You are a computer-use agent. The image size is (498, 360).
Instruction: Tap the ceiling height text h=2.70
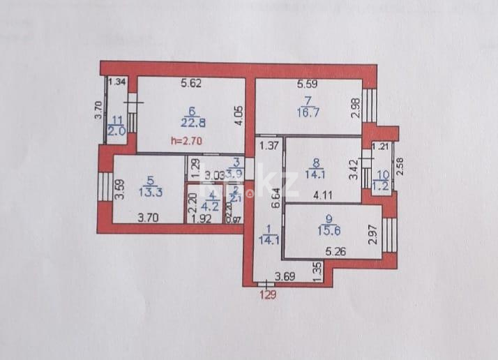(x=184, y=141)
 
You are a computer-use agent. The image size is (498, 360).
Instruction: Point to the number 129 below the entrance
(x=269, y=294)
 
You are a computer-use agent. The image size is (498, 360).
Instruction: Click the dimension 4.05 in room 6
(x=239, y=114)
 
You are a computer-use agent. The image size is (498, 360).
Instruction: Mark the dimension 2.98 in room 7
(x=356, y=108)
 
